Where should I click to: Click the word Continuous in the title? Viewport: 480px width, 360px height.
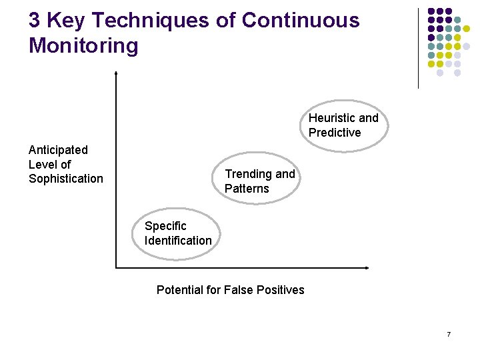pos(300,21)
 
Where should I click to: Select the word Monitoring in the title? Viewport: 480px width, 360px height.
pos(83,46)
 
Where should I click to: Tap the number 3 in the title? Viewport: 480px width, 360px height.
pos(35,21)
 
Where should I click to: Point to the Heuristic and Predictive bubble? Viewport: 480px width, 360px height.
pos(344,125)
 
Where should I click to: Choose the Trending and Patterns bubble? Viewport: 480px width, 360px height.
pos(260,181)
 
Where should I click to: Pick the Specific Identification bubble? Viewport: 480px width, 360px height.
pos(178,233)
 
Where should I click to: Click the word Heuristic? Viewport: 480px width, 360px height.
pos(332,118)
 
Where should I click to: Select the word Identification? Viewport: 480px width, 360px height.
pos(178,241)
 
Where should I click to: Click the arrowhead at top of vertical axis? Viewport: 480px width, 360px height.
pos(116,73)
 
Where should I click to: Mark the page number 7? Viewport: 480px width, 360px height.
pos(449,334)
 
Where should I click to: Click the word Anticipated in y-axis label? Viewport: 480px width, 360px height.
pos(58,149)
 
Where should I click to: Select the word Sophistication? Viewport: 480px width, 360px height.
pos(66,179)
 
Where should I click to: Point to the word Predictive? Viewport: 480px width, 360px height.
pos(335,133)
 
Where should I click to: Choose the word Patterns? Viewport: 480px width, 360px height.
pos(247,189)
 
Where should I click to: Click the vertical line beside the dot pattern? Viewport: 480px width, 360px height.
pos(418,48)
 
